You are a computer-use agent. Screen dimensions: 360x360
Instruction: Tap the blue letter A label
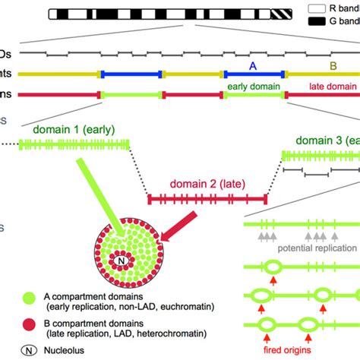click(x=253, y=66)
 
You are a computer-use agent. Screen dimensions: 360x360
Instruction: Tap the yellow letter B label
click(x=333, y=66)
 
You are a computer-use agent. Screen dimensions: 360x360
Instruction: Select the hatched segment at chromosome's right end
click(x=282, y=14)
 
